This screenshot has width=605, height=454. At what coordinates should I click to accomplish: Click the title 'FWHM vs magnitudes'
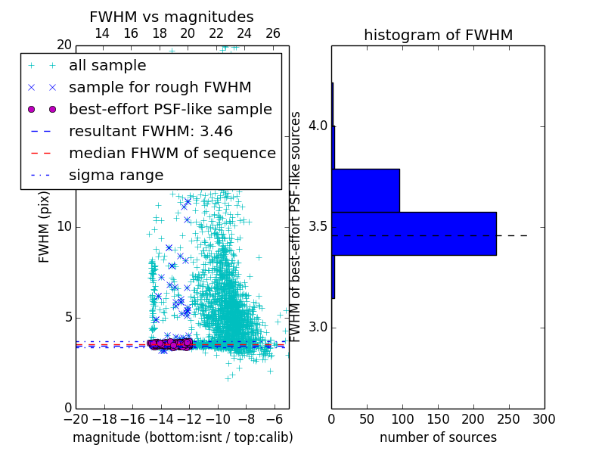click(x=172, y=17)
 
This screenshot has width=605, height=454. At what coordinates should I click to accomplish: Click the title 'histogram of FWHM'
click(x=438, y=35)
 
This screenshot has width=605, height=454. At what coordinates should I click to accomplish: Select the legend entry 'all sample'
click(x=107, y=66)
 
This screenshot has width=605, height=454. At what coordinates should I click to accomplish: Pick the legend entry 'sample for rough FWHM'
click(x=160, y=88)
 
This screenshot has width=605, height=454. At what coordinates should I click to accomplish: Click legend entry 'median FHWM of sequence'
click(x=172, y=153)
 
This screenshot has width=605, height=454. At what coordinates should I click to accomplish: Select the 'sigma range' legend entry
click(x=116, y=175)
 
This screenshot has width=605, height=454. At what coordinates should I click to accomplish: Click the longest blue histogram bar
click(x=414, y=233)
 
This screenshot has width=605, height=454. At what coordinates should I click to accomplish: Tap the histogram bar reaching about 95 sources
click(x=365, y=190)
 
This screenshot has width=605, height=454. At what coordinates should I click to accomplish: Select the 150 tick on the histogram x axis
click(x=438, y=418)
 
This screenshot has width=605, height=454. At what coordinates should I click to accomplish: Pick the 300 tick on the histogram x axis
click(x=544, y=418)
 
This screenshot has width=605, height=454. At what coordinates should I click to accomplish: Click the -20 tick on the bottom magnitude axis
click(x=76, y=418)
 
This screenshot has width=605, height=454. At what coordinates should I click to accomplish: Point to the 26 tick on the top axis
click(x=273, y=33)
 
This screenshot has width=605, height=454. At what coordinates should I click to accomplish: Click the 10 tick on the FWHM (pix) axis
click(x=64, y=227)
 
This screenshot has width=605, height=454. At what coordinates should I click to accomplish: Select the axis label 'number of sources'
click(x=438, y=437)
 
